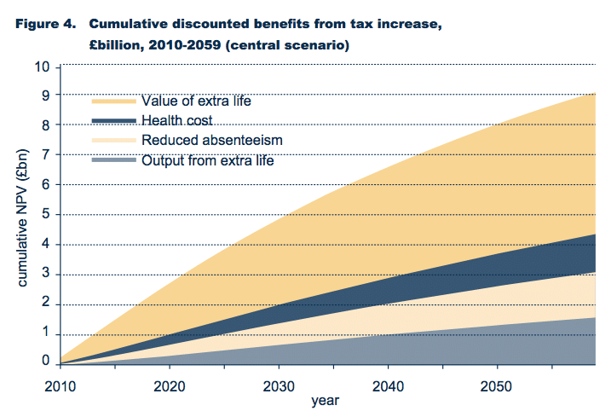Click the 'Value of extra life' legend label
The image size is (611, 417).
(x=197, y=101)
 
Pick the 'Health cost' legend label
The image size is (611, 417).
(x=177, y=121)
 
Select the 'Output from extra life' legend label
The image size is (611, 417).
(x=208, y=159)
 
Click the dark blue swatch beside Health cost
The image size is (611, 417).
(x=113, y=121)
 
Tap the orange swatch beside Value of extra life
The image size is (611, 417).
(x=113, y=101)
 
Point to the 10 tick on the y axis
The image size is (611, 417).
(x=43, y=67)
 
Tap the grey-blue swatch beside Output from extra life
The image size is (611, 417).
(x=113, y=159)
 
